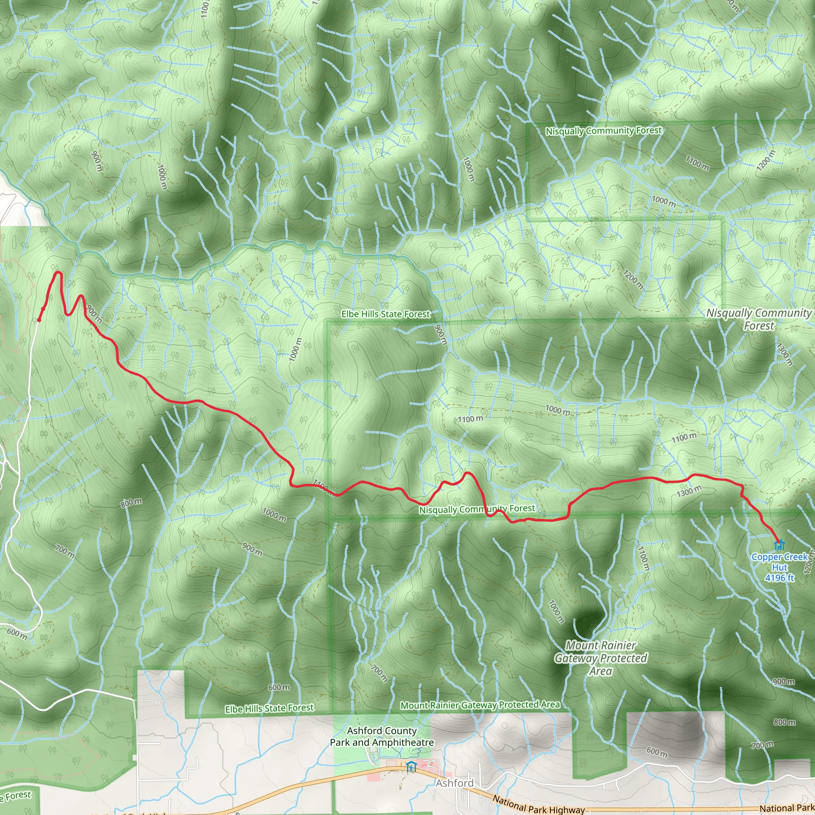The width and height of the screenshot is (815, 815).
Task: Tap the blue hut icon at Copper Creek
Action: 779,545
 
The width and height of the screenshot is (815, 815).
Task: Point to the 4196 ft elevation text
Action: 780,578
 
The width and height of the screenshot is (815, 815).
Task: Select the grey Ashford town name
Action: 455,783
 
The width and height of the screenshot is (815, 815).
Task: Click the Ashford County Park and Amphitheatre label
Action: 382,737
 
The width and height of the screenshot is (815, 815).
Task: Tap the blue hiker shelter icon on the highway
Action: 410,767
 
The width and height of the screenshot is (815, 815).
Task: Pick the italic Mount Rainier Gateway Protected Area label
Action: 601,658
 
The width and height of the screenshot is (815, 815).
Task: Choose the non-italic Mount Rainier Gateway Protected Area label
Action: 480,705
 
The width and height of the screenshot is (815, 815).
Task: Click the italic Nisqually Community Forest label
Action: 759,319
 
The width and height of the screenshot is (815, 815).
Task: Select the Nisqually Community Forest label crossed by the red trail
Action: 477,509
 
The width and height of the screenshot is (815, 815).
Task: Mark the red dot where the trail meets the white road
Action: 39,320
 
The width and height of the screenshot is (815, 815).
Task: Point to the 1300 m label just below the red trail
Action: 689,491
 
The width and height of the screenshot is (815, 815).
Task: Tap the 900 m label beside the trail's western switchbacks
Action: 94,313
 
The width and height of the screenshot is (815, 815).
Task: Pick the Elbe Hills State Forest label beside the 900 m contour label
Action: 386,314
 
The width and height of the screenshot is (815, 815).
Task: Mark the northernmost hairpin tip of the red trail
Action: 58,274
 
